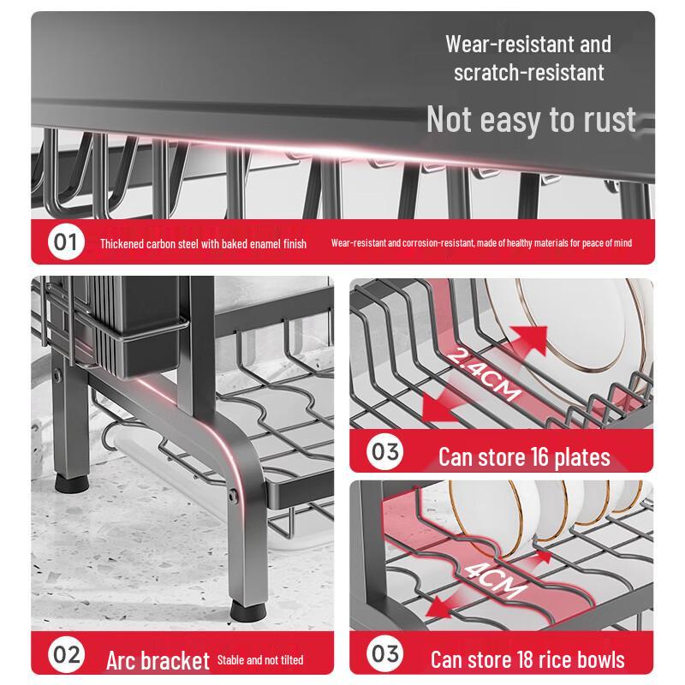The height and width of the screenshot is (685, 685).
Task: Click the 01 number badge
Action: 67,241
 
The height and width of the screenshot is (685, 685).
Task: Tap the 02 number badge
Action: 67,655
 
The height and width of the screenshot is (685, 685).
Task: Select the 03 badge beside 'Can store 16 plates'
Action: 384,452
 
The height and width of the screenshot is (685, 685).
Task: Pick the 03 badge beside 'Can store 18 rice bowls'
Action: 384,654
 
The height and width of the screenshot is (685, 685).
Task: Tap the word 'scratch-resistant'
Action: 529,73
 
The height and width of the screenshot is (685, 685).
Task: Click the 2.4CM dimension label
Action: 484,374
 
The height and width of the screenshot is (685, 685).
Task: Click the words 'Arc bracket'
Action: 158,660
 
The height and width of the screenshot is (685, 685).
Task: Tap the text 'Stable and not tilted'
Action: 260,659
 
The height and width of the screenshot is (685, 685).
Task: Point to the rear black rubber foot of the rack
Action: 72,482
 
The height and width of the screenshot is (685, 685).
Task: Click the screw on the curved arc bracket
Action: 233,497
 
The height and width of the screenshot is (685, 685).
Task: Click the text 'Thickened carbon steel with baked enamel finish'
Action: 203,244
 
